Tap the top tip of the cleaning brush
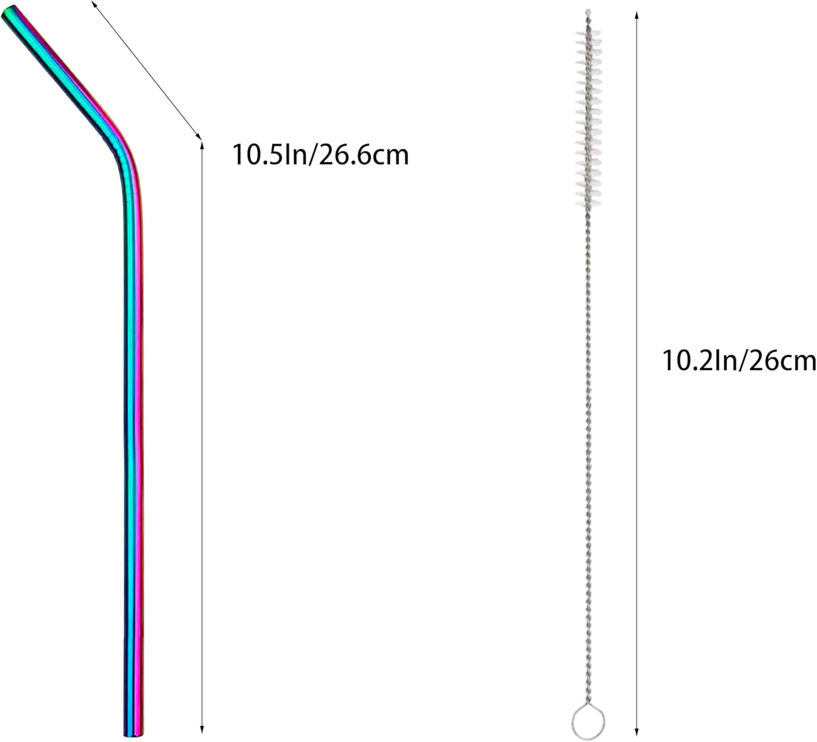tap(588, 12)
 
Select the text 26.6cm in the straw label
tap(364, 154)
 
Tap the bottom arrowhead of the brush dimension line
tap(637, 730)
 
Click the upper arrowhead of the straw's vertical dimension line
tap(202, 146)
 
